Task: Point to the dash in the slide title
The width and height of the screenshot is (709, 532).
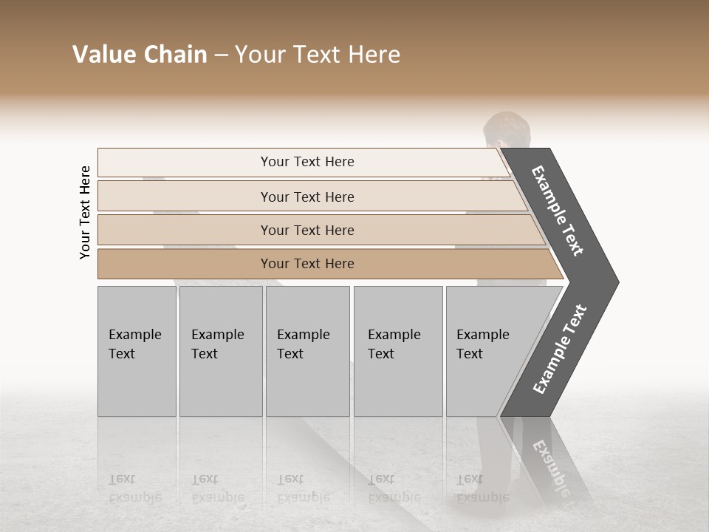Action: point(221,55)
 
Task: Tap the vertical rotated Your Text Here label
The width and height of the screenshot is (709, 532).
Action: point(85,212)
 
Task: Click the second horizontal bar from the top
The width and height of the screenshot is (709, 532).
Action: point(306,197)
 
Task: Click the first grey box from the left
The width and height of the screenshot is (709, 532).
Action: point(137,351)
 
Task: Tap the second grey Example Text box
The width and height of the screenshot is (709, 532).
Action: point(221,351)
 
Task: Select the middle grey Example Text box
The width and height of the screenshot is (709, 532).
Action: point(307,351)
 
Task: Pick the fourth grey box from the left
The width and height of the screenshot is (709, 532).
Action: point(398,351)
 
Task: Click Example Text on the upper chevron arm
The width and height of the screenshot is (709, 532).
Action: point(558,211)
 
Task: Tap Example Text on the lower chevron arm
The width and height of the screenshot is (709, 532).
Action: point(559,349)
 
